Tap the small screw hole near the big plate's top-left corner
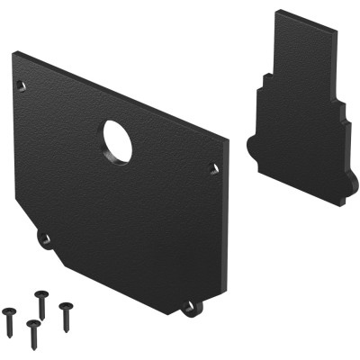coord(22,85)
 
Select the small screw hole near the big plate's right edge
coord(212,167)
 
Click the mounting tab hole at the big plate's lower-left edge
coord(43,238)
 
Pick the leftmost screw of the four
coord(11,314)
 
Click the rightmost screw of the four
coord(66,312)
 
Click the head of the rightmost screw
coord(64,307)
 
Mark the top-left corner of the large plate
coord(15,54)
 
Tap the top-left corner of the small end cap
coord(277,12)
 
